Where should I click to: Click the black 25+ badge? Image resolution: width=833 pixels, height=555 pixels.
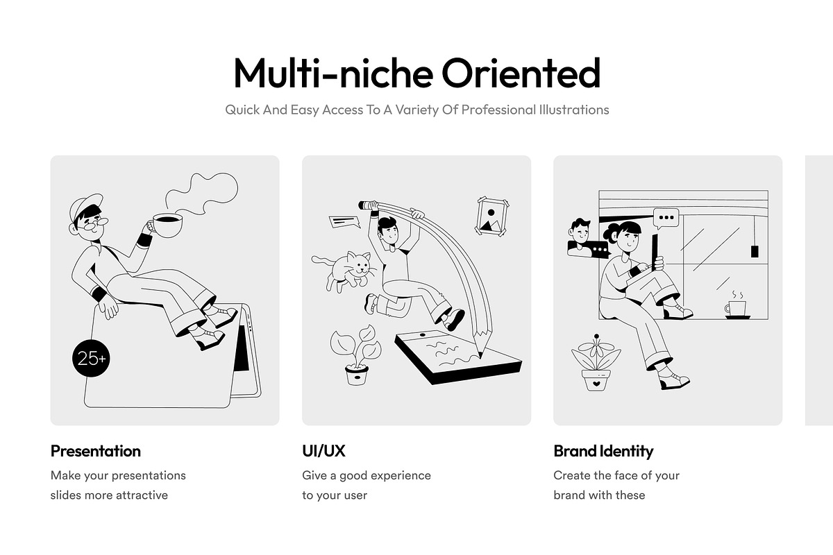(91, 359)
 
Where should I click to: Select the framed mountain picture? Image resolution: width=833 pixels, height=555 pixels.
(492, 216)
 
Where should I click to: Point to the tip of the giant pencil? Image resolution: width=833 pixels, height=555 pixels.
(481, 357)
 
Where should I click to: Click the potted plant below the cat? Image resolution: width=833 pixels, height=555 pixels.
(356, 355)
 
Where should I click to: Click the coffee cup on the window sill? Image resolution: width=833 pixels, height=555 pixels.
(737, 309)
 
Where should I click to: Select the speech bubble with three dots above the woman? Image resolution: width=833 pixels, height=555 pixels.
(666, 219)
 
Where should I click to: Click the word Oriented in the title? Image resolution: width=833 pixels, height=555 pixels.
(521, 73)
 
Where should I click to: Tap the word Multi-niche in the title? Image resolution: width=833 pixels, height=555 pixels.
(333, 73)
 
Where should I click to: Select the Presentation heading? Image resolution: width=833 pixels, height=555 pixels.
(96, 451)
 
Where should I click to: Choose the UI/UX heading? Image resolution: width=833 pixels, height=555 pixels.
(323, 451)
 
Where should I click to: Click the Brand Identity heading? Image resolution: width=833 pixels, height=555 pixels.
(603, 452)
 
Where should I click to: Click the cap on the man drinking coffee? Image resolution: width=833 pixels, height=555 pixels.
(85, 208)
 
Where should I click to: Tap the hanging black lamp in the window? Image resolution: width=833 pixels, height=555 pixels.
(755, 251)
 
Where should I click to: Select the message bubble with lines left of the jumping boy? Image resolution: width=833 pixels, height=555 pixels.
(344, 222)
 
